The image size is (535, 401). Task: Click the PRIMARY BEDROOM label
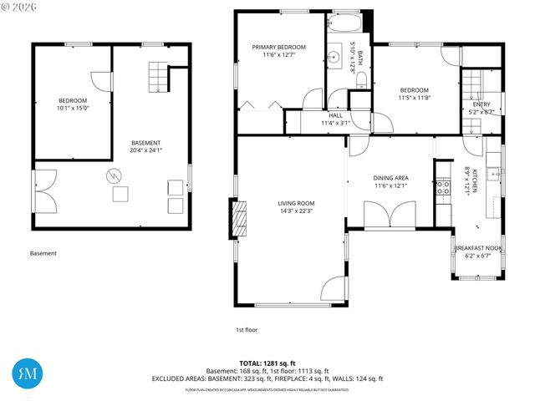[279, 51]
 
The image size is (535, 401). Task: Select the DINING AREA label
[390, 181]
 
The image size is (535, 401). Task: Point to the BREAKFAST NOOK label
[477, 251]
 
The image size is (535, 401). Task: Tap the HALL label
[334, 119]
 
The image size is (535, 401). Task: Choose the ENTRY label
[481, 107]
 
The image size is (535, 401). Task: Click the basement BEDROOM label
[73, 104]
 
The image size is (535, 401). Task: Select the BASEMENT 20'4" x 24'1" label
[145, 146]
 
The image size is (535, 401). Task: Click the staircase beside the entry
[472, 86]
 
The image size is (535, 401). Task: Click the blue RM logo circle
[28, 372]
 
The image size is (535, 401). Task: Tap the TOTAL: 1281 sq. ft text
[267, 363]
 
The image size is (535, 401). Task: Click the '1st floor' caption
[246, 329]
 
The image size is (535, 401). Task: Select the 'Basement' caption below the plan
[43, 253]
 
